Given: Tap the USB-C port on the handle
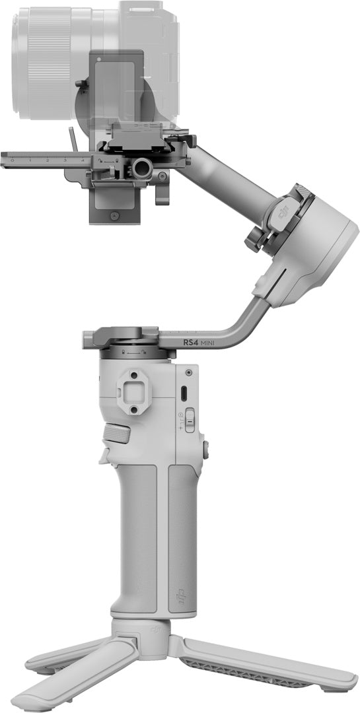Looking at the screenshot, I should (184, 395).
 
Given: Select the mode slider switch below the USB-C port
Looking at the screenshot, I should (190, 420).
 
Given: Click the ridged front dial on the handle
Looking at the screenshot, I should (116, 434).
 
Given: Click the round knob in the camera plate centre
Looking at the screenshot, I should (141, 169).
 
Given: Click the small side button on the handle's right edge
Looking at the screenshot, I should (205, 450).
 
